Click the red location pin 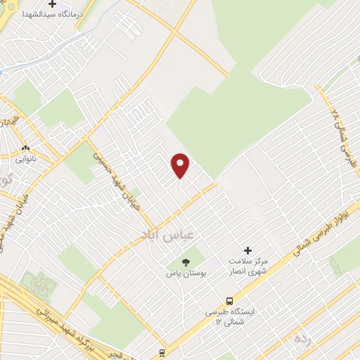pos(181,165)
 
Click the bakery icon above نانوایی pos(26,149)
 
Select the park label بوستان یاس pos(186,274)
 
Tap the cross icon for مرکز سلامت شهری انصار pos(247,250)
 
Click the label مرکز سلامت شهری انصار pos(247,266)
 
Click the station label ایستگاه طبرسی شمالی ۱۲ pos(230,316)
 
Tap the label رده pos(302,339)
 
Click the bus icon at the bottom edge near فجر pos(162,352)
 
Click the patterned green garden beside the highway pos(39,284)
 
